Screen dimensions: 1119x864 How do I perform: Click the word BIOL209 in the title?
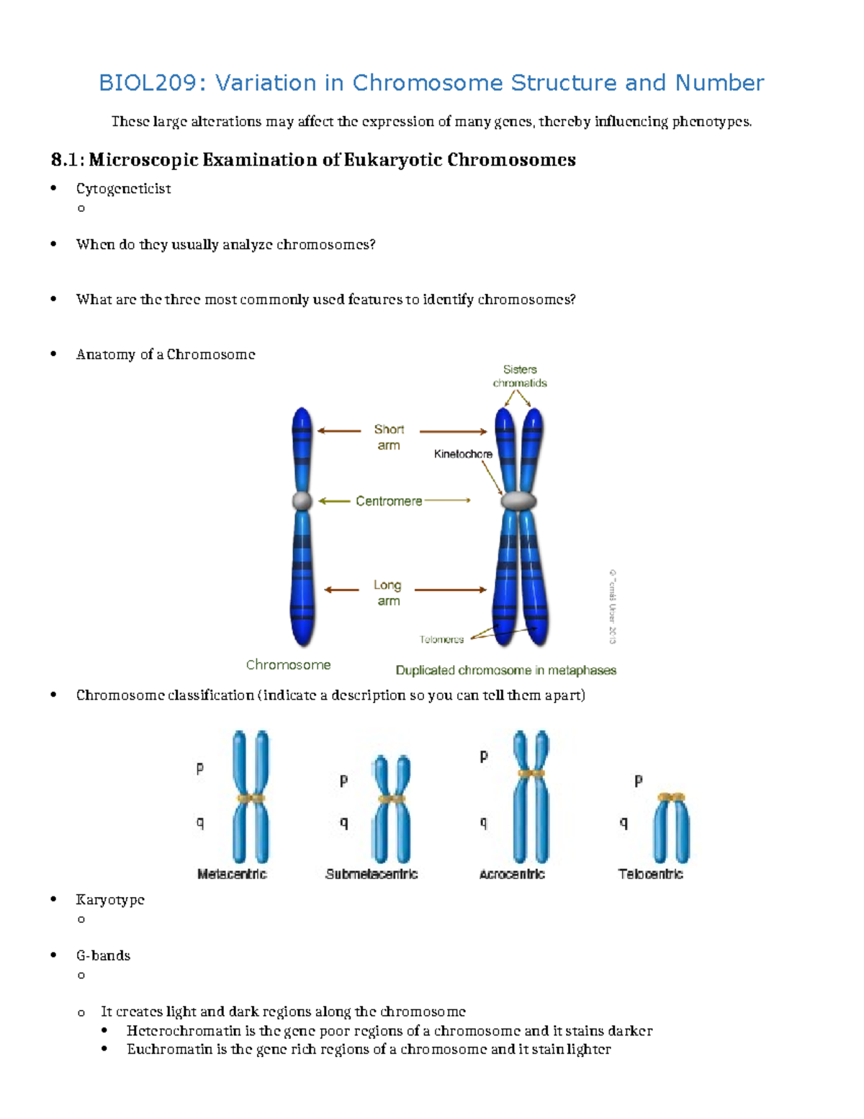coord(147,83)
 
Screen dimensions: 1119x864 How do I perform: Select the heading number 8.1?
coord(64,160)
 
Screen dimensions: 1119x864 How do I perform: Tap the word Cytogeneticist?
coord(123,189)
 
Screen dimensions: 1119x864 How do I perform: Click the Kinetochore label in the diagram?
coord(463,454)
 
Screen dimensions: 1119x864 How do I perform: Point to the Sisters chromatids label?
coord(520,376)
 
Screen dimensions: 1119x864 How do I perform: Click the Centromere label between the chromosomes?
coord(389,501)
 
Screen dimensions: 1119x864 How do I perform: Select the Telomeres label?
coord(441,639)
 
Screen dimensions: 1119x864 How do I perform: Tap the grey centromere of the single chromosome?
coord(302,501)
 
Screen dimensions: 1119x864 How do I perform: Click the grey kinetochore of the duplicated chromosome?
coord(518,500)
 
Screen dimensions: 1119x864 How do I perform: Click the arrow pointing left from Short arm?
coord(339,431)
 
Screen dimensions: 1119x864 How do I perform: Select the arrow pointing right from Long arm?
coord(451,589)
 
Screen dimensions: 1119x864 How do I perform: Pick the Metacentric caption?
coord(232,874)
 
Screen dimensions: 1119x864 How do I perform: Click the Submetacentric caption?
coord(372,874)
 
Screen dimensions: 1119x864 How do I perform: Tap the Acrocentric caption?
coord(512,874)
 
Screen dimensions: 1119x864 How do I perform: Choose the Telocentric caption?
coord(650,874)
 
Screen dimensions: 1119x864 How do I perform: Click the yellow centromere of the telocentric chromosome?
coord(671,798)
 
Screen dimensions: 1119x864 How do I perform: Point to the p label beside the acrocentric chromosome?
coord(484,756)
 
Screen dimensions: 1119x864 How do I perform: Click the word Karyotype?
coord(110,900)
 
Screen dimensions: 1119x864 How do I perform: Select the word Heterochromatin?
coord(184,1031)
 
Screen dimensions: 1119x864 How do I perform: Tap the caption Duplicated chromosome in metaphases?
coord(505,670)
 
